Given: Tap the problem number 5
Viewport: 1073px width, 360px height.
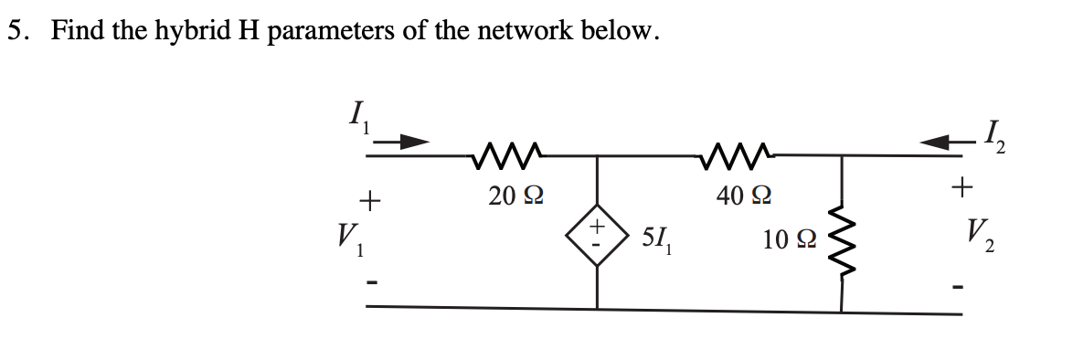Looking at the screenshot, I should tap(16, 30).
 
